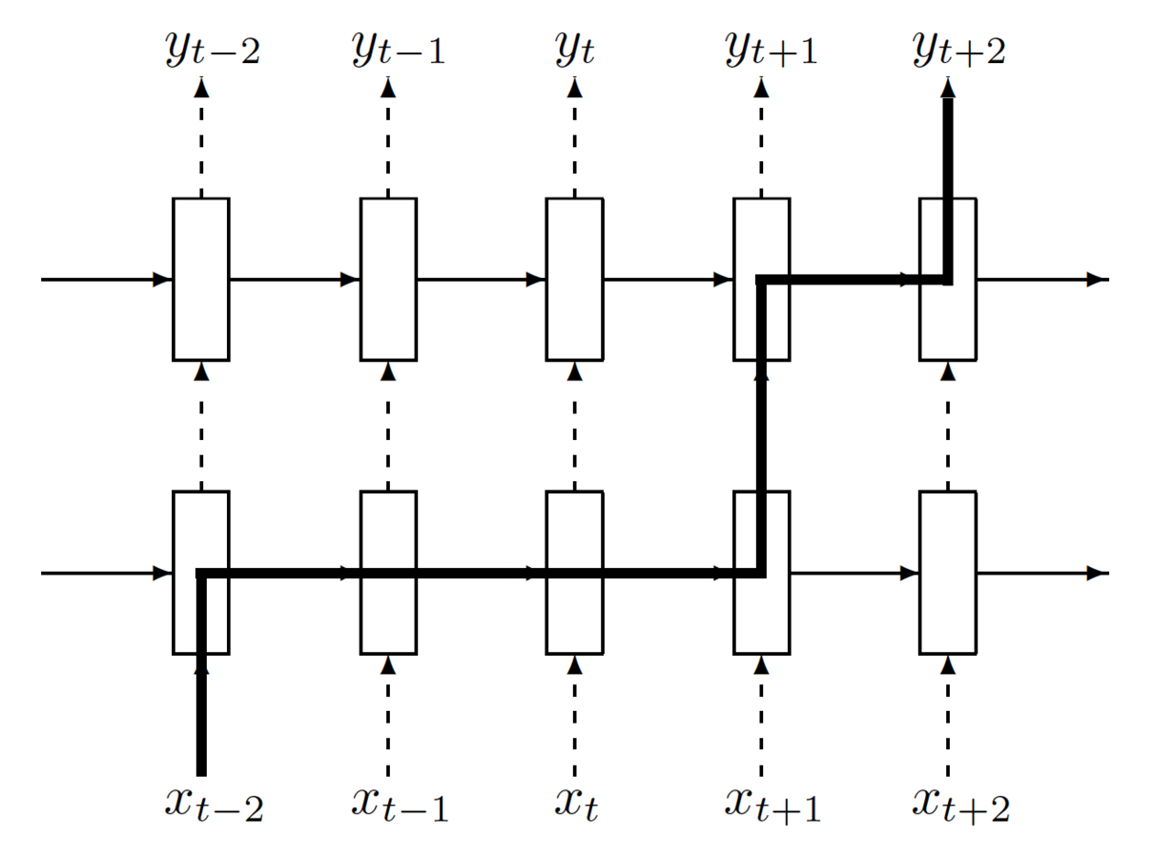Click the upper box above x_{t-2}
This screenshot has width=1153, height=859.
point(200,279)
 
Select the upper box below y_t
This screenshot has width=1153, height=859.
point(574,279)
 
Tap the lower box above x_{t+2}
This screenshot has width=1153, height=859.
point(947,573)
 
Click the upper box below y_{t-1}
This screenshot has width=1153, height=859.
point(388,279)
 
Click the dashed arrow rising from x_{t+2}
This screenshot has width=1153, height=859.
point(947,716)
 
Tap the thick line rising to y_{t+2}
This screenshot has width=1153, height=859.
point(948,153)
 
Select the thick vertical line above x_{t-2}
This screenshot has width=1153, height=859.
point(201,716)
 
